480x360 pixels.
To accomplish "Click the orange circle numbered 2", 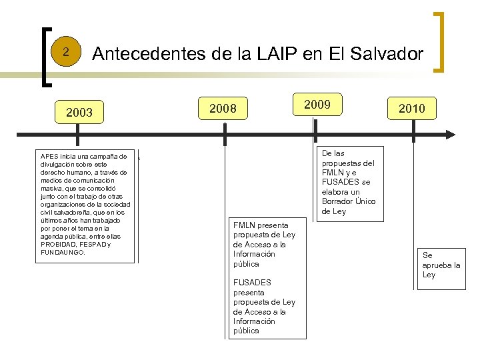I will (x=65, y=52).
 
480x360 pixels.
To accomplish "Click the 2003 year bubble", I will (x=79, y=112).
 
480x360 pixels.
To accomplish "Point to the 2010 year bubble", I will (x=417, y=108).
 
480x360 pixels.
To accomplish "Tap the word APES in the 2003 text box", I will (x=49, y=157).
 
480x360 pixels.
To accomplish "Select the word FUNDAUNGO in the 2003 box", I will (x=63, y=253).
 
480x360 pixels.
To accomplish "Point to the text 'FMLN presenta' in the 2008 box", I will (x=261, y=225).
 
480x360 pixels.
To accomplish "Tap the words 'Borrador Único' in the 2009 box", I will (x=348, y=201).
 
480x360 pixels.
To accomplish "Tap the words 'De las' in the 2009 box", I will (x=333, y=153).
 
